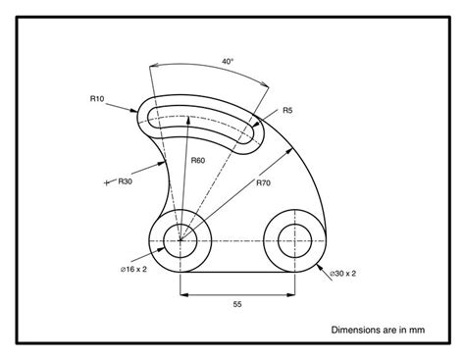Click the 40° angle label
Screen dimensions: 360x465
(x=227, y=62)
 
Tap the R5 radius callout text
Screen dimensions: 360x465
(x=287, y=111)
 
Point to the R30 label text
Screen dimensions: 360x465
(x=125, y=181)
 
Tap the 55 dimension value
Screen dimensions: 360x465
(x=236, y=304)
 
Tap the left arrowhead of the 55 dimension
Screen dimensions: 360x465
(x=183, y=292)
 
